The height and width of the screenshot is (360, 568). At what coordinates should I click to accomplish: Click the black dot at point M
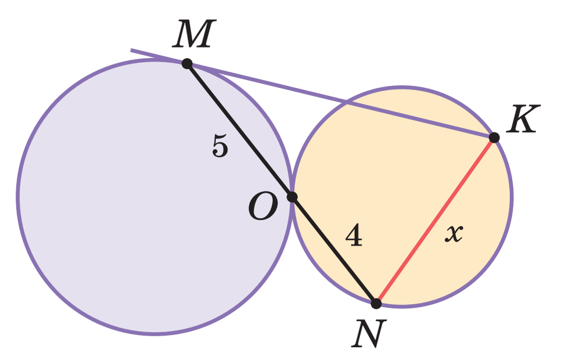[x=187, y=63]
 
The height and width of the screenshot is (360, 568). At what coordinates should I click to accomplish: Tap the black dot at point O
[x=292, y=197]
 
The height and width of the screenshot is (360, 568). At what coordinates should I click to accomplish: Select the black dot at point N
[x=376, y=303]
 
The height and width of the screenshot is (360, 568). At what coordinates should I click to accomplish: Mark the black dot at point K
[x=494, y=138]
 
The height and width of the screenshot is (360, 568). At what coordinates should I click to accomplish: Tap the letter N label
[x=369, y=334]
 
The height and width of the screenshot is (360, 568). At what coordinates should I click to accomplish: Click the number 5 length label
[x=220, y=146]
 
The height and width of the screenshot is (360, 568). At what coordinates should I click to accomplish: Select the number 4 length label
[x=354, y=236]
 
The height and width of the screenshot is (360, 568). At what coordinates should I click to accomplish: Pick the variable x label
[x=454, y=233]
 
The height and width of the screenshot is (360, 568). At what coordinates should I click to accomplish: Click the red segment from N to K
[x=435, y=221]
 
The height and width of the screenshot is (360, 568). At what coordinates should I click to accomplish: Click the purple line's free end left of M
[x=132, y=50]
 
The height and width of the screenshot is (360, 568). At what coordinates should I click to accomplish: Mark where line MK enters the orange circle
[x=347, y=103]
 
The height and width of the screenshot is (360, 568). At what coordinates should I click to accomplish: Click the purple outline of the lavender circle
[x=19, y=196]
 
